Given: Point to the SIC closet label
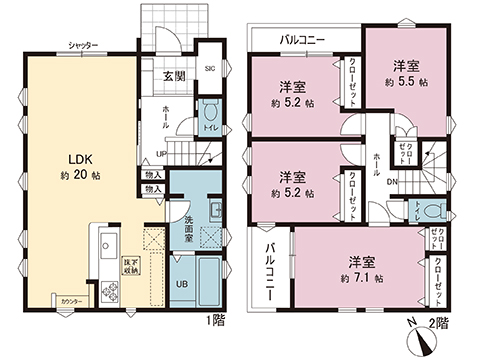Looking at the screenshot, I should tap(210, 69).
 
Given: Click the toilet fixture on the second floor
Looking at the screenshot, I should tap(433, 212).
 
